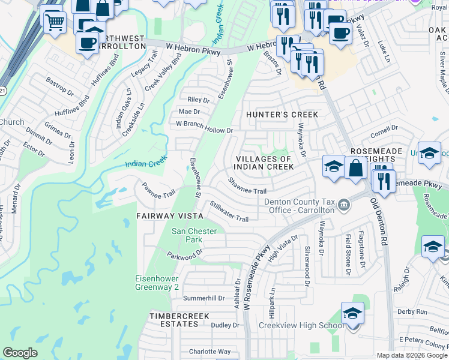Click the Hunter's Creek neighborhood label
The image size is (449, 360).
pyautogui.click(x=282, y=115)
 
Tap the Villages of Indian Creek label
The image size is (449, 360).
pyautogui.click(x=263, y=163)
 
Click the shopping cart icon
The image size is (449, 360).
pyautogui.click(x=55, y=21)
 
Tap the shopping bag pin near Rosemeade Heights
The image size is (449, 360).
pyautogui.click(x=356, y=168)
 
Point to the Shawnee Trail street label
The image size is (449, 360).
pyautogui.click(x=247, y=186)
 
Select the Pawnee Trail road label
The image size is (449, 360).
pyautogui.click(x=158, y=190)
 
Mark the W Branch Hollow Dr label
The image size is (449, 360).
pyautogui.click(x=203, y=127)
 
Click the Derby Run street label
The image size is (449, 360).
pyautogui.click(x=412, y=311)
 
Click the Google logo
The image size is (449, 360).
pyautogui.click(x=20, y=353)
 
